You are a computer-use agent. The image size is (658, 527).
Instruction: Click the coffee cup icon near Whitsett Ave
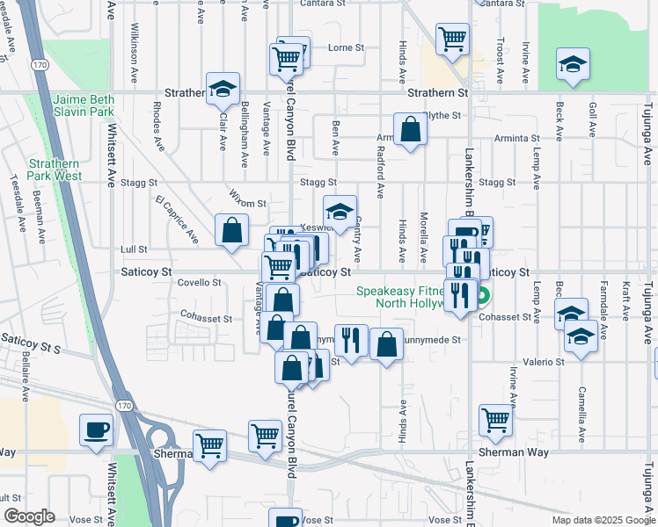96,430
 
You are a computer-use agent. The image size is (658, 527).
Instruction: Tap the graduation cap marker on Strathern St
223,88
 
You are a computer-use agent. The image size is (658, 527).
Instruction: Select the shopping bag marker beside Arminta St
411,130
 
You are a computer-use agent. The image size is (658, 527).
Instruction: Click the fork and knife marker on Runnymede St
351,340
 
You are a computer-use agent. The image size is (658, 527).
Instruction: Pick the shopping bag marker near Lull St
230,231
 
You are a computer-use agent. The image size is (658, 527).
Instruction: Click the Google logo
28,516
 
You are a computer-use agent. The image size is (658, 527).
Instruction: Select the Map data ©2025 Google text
603,520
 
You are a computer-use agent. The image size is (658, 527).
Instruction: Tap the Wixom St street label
248,203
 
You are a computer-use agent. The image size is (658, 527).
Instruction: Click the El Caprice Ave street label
177,219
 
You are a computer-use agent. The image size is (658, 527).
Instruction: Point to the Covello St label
200,282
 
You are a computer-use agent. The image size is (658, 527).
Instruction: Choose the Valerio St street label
545,361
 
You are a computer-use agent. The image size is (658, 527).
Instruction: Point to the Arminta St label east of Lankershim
516,139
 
